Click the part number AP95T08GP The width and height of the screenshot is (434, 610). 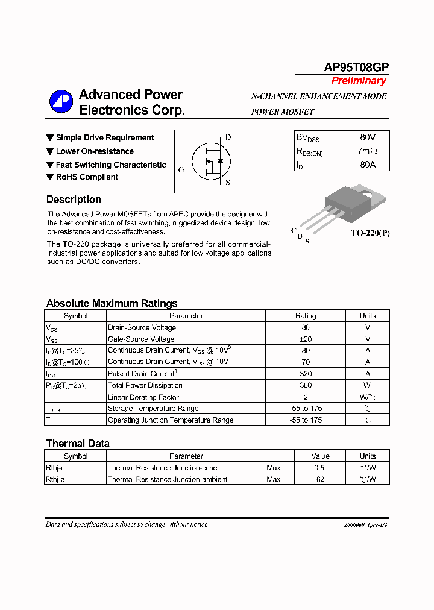pyautogui.click(x=357, y=67)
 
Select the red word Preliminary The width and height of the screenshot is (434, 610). pyautogui.click(x=358, y=81)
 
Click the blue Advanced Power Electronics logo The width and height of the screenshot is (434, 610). pyautogui.click(x=61, y=102)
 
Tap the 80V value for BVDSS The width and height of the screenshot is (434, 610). pyautogui.click(x=367, y=138)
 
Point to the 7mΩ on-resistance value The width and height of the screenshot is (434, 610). pyautogui.click(x=367, y=151)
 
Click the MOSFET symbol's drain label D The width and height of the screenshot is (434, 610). pyautogui.click(x=228, y=137)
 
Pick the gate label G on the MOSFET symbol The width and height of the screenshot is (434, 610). pyautogui.click(x=181, y=170)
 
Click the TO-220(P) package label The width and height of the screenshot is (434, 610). pyautogui.click(x=370, y=233)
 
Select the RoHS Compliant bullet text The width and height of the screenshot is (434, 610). pyautogui.click(x=87, y=177)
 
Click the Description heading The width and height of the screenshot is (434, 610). pyautogui.click(x=74, y=200)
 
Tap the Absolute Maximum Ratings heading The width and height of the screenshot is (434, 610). pyautogui.click(x=112, y=303)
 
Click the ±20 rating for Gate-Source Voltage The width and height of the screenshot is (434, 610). pyautogui.click(x=305, y=339)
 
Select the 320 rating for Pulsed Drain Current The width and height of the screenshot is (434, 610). pyautogui.click(x=305, y=374)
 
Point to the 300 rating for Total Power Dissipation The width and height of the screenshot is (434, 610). pyautogui.click(x=305, y=385)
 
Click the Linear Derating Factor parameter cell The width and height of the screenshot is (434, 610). pyautogui.click(x=143, y=397)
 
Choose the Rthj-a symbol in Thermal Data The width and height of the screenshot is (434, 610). pyautogui.click(x=55, y=479)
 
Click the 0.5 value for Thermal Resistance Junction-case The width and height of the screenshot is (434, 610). pyautogui.click(x=319, y=468)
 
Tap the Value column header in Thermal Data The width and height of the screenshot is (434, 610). pyautogui.click(x=320, y=456)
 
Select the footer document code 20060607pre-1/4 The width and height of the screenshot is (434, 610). pyautogui.click(x=365, y=525)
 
